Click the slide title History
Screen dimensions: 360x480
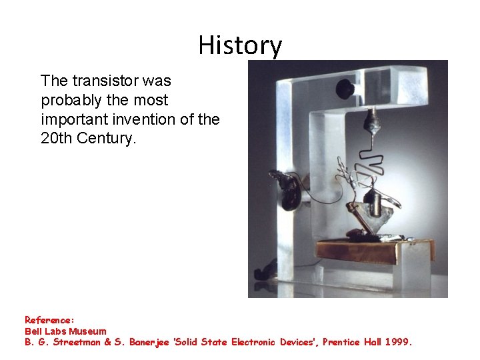240,45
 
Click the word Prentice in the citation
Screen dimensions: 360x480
343,342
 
